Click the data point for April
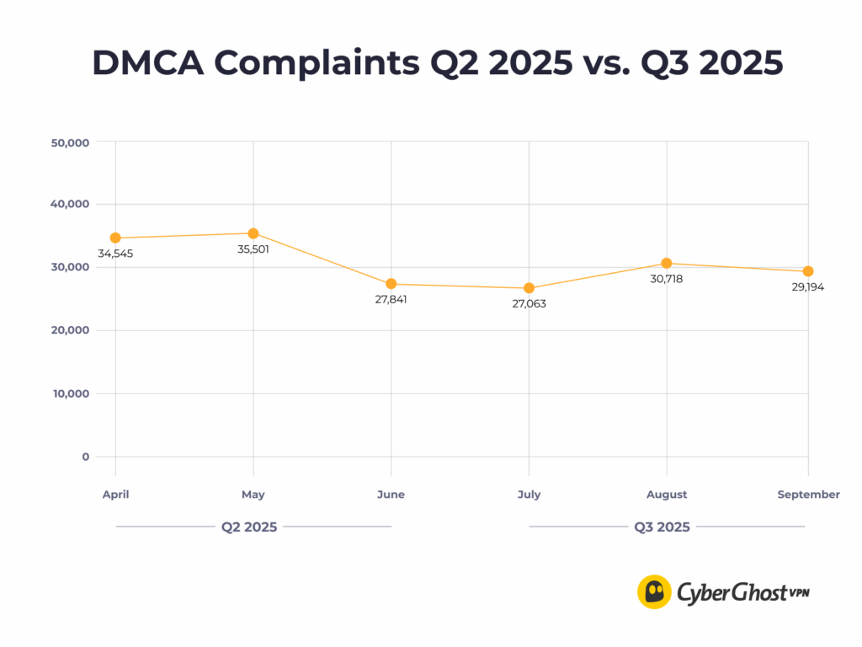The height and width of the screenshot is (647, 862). coord(115,238)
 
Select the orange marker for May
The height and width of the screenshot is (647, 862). coord(253,233)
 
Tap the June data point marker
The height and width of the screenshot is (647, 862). coord(391,284)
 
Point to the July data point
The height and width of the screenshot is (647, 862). coord(529,288)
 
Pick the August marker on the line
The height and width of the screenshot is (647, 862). coord(667,264)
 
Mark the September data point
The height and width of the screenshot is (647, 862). coord(808,271)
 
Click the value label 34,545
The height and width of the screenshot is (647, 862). coord(115,254)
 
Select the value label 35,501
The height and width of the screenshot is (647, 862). coord(253,249)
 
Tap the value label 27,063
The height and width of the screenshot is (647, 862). coord(529,303)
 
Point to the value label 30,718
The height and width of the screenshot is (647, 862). coord(667,279)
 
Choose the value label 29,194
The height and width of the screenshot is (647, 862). coord(808,287)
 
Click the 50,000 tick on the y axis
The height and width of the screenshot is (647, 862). coord(71,142)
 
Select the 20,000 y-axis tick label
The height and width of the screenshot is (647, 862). coord(71,330)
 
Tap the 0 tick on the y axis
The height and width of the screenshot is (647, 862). coord(86,457)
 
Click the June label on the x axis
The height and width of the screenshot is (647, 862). coord(391,495)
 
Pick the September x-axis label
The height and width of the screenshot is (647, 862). coord(808,495)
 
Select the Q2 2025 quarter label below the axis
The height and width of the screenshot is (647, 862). coord(249,527)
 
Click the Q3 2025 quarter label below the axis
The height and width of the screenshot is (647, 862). coord(662,527)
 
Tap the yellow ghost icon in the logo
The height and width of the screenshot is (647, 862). coord(654,591)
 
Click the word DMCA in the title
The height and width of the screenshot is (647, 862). coord(147,64)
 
